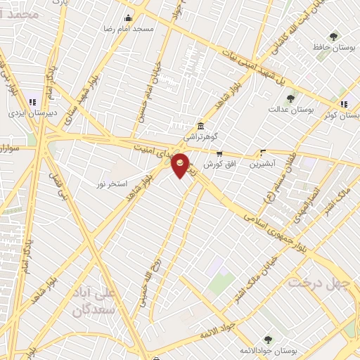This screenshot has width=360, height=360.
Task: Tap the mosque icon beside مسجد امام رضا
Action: pos(128,18)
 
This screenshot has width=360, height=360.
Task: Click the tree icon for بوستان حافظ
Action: pos(333,37)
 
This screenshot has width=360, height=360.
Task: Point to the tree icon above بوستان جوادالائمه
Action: pos(267,340)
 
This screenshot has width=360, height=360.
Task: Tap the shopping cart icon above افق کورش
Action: pos(219,153)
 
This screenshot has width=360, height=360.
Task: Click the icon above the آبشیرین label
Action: pos(263,152)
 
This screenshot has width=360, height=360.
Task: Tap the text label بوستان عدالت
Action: pos(294,110)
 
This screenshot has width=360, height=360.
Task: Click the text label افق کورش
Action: pos(219,164)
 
